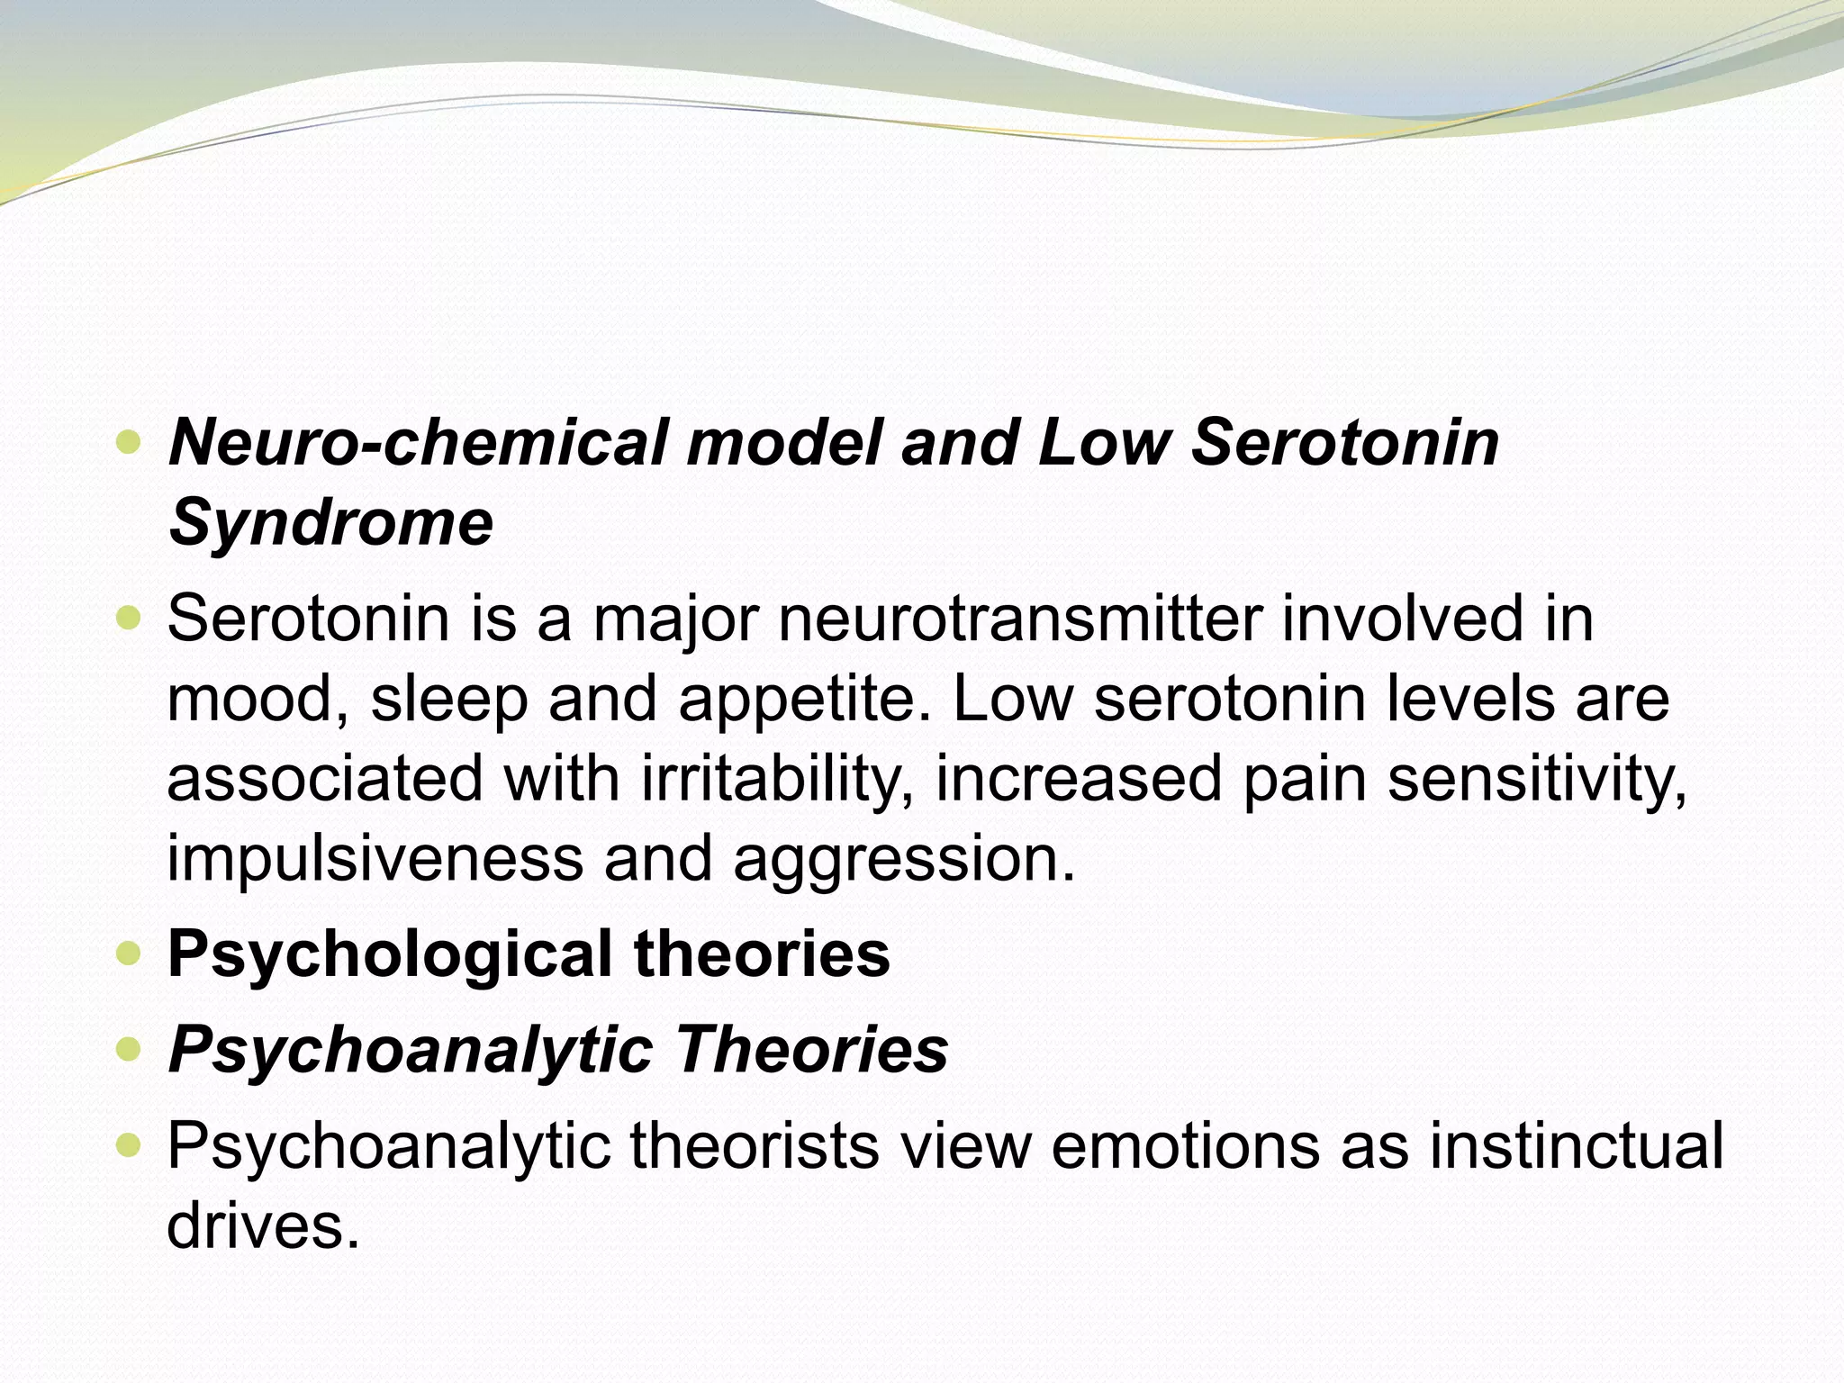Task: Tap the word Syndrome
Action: (x=330, y=523)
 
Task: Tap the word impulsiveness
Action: (x=375, y=858)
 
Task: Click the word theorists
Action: (x=754, y=1146)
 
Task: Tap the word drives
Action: (x=263, y=1225)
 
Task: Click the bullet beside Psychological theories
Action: (x=129, y=954)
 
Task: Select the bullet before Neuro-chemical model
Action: (x=129, y=443)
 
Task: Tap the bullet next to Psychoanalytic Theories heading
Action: (x=129, y=1050)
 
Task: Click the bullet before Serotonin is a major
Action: (x=129, y=619)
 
